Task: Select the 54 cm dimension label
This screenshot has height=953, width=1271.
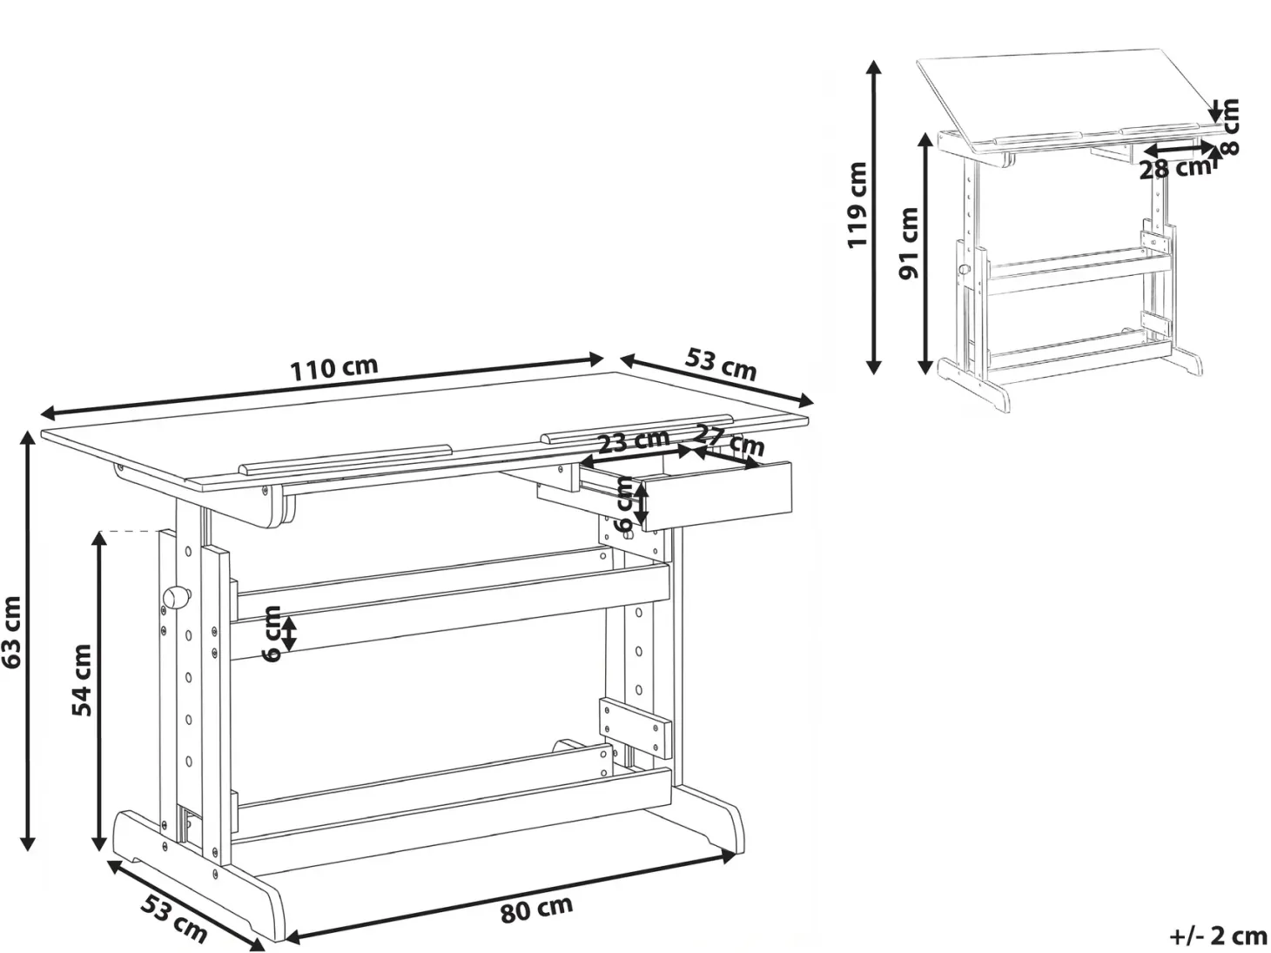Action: click(x=82, y=680)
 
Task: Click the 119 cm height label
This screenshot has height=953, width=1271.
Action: click(x=857, y=205)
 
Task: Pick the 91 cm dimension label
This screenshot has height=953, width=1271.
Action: click(x=909, y=243)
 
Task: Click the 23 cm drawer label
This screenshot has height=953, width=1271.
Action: click(x=634, y=442)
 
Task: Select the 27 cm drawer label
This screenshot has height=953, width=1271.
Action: click(x=730, y=440)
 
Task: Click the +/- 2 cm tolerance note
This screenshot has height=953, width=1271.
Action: click(x=1218, y=936)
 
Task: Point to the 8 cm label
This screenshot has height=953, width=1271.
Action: click(x=1229, y=126)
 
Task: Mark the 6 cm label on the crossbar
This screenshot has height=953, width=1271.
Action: click(x=271, y=634)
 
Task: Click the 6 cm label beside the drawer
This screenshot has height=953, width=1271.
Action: click(x=624, y=504)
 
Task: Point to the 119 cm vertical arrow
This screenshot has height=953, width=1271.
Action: click(x=874, y=217)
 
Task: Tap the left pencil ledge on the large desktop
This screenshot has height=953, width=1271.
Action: click(x=346, y=460)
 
